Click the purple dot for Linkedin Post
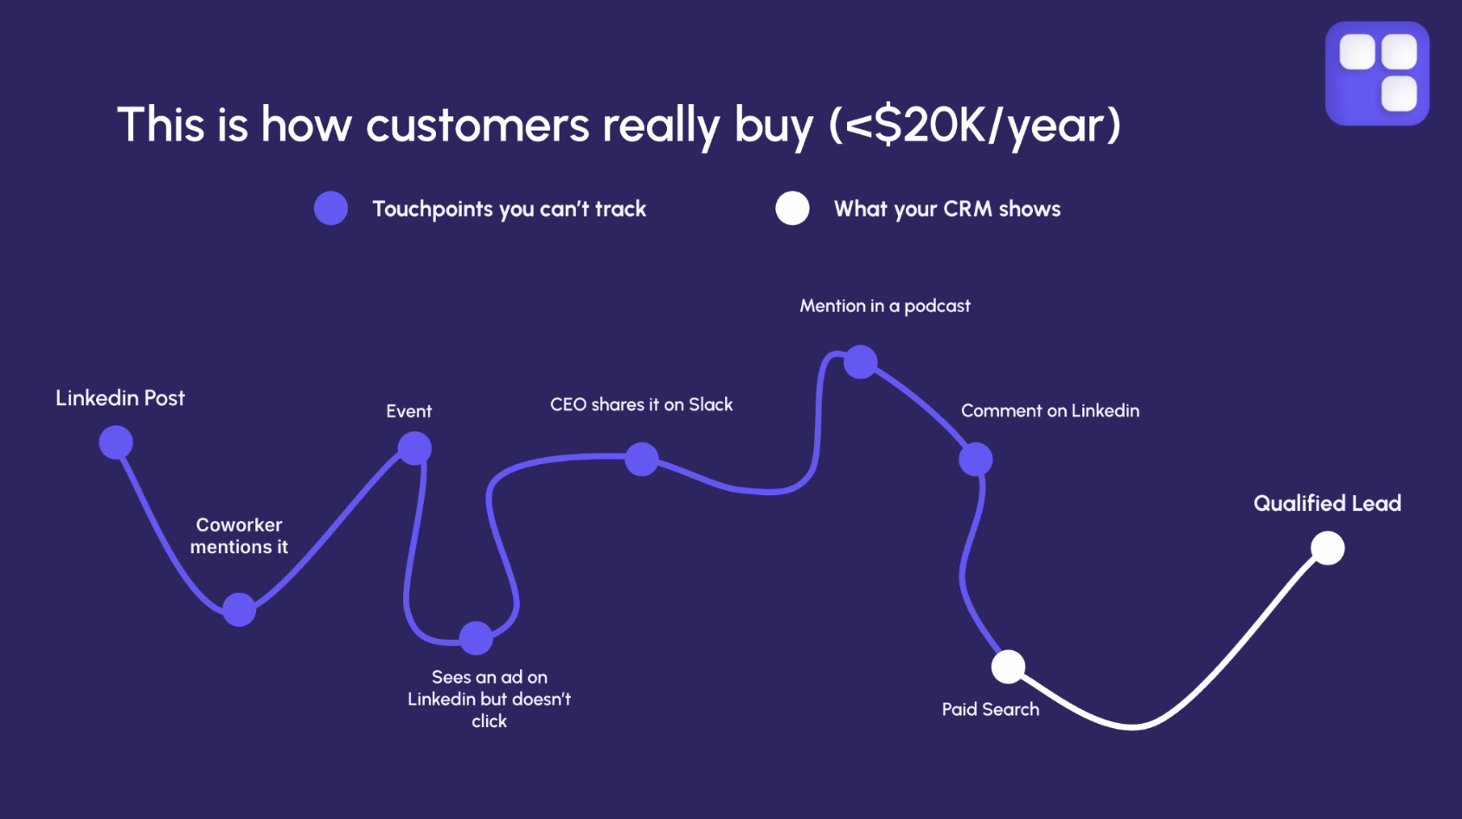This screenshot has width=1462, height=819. pyautogui.click(x=116, y=442)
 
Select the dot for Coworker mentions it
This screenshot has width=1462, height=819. pyautogui.click(x=240, y=609)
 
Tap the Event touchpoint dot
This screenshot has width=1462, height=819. pyautogui.click(x=414, y=448)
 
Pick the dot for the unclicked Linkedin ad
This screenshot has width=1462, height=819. pyautogui.click(x=476, y=638)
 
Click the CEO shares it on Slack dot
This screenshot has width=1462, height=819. pyautogui.click(x=642, y=459)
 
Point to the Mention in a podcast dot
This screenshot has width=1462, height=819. pyautogui.click(x=860, y=362)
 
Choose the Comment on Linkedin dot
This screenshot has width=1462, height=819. pyautogui.click(x=976, y=459)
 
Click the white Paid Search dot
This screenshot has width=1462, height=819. pyautogui.click(x=1008, y=667)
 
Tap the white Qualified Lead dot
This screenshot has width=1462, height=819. pyautogui.click(x=1328, y=548)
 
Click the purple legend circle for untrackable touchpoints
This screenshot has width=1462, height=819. pyautogui.click(x=330, y=209)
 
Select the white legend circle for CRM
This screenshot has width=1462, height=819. pyautogui.click(x=792, y=209)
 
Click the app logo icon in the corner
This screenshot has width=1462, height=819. pyautogui.click(x=1377, y=74)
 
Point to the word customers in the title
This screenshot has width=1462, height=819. pyautogui.click(x=478, y=125)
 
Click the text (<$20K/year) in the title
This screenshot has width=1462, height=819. pyautogui.click(x=975, y=125)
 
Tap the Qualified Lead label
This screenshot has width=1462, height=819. pyautogui.click(x=1327, y=503)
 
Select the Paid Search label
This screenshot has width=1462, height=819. pyautogui.click(x=991, y=709)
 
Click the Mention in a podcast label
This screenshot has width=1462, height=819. pyautogui.click(x=885, y=306)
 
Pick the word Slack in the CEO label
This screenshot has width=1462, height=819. pyautogui.click(x=710, y=404)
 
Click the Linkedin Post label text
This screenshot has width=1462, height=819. pyautogui.click(x=120, y=398)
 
